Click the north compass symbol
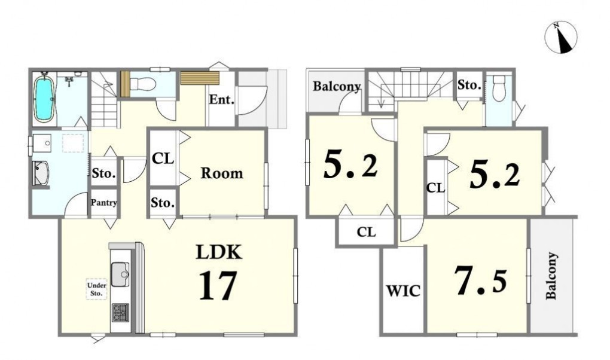pyautogui.click(x=560, y=37)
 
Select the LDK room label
pyautogui.click(x=219, y=252)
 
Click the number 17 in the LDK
pyautogui.click(x=218, y=286)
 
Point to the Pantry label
pyautogui.click(x=103, y=202)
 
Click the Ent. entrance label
pyautogui.click(x=222, y=100)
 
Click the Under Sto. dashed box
pyautogui.click(x=96, y=289)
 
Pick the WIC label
pyautogui.click(x=403, y=291)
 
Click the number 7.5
pyautogui.click(x=481, y=280)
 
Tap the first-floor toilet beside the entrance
pyautogui.click(x=142, y=84)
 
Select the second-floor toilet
pyautogui.click(x=498, y=89)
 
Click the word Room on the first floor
pyautogui.click(x=222, y=173)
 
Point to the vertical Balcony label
pyautogui.click(x=551, y=276)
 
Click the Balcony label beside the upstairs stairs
pyautogui.click(x=337, y=86)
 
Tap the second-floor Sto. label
pyautogui.click(x=469, y=85)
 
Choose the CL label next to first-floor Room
pyautogui.click(x=163, y=158)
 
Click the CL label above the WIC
pyautogui.click(x=367, y=233)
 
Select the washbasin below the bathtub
pyautogui.click(x=42, y=143)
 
